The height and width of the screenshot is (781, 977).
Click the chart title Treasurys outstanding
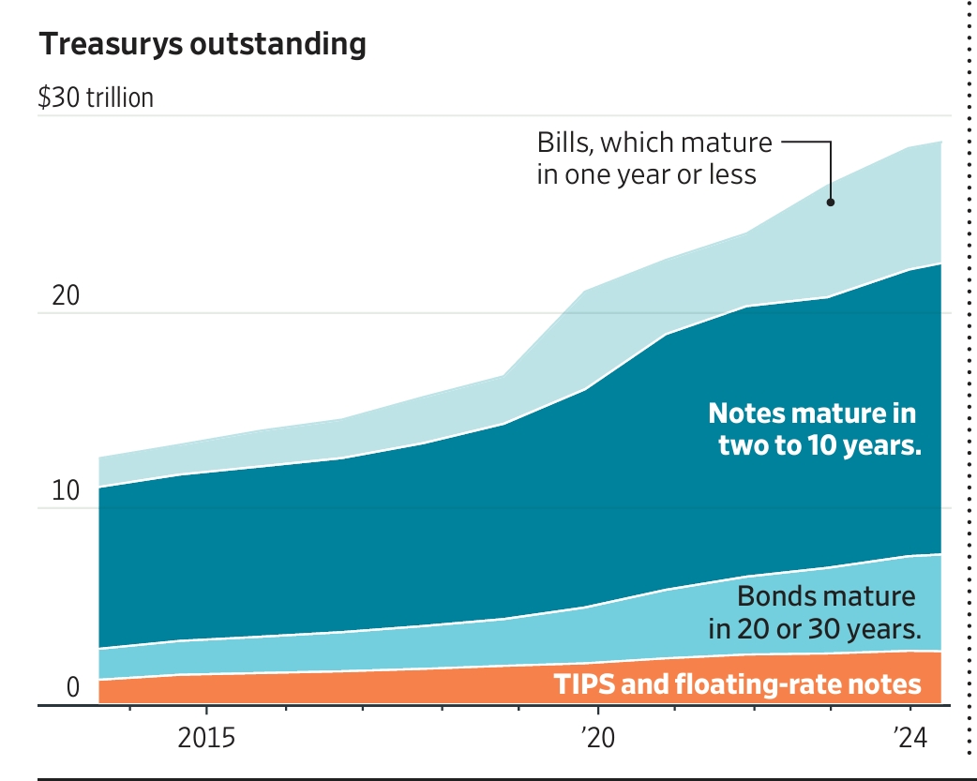pos(202,45)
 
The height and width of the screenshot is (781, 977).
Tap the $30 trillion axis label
pos(96,98)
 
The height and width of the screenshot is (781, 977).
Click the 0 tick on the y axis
pos(73,688)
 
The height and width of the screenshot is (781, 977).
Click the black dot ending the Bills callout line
pos(831,202)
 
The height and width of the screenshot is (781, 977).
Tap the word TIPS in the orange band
pos(584,684)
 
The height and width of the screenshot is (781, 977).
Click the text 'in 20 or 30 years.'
pos(811,628)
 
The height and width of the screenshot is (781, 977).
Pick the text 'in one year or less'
pos(646,174)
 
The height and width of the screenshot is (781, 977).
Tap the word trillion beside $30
pos(119,98)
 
